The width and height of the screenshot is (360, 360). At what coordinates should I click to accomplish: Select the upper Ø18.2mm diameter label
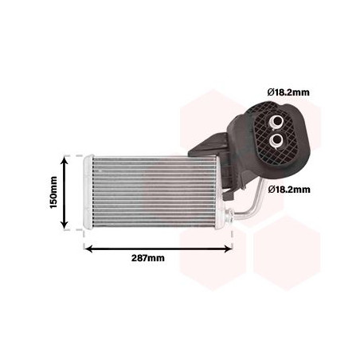point(289,93)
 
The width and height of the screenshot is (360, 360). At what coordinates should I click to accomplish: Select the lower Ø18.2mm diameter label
point(289,190)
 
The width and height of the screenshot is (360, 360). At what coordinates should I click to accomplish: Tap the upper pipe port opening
point(276,119)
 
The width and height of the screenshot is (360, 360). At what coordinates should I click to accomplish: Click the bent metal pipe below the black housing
point(253,204)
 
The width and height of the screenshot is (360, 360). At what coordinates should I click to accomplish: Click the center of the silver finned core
point(155,191)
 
